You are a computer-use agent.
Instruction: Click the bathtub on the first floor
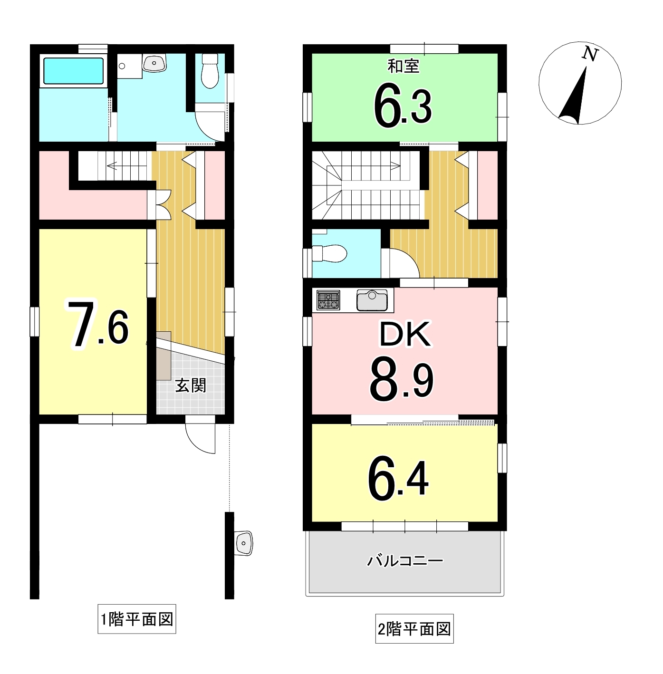(x=74, y=71)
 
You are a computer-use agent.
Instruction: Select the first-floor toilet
(x=209, y=71)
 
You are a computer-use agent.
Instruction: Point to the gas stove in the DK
(x=328, y=300)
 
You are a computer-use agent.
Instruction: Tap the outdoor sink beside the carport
(x=244, y=542)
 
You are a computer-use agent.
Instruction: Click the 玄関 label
(x=191, y=385)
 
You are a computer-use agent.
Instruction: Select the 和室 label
(x=404, y=66)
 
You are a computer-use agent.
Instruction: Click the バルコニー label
(x=405, y=561)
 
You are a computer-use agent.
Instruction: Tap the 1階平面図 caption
(x=137, y=619)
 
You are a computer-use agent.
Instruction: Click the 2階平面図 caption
(x=414, y=630)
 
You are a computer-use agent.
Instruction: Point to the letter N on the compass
(x=590, y=54)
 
